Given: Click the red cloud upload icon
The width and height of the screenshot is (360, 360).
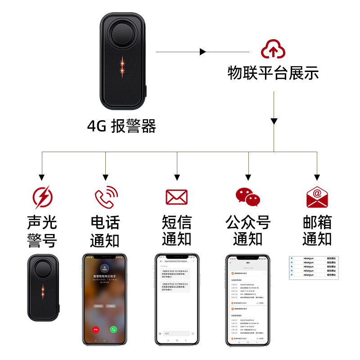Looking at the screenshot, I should [273, 49].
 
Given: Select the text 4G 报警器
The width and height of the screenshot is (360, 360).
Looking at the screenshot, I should [121, 126].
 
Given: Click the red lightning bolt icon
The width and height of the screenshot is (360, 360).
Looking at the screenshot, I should [43, 197].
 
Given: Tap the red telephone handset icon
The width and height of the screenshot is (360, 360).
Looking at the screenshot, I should [105, 197].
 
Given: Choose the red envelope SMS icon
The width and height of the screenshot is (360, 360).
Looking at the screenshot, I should [176, 197].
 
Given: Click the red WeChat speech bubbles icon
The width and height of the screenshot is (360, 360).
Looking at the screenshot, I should [248, 197].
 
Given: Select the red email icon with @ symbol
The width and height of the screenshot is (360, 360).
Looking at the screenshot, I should [317, 197].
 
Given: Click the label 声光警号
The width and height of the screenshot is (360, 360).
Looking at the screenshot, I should [42, 231].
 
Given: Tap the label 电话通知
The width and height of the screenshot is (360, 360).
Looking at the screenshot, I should [105, 231].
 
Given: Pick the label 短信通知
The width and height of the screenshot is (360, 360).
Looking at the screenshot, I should [176, 231].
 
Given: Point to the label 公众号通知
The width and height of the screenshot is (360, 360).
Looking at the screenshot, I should [248, 231].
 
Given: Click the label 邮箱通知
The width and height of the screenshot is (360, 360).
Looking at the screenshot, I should [317, 231].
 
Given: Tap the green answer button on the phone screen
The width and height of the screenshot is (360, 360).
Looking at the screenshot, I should [114, 329].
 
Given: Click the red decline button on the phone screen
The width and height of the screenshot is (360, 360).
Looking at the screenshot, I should [95, 329].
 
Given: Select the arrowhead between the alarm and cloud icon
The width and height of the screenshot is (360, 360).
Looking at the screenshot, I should [203, 52].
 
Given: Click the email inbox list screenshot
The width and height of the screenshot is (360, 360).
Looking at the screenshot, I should [314, 268].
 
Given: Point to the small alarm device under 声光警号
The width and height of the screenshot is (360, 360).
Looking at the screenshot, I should [43, 288].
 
